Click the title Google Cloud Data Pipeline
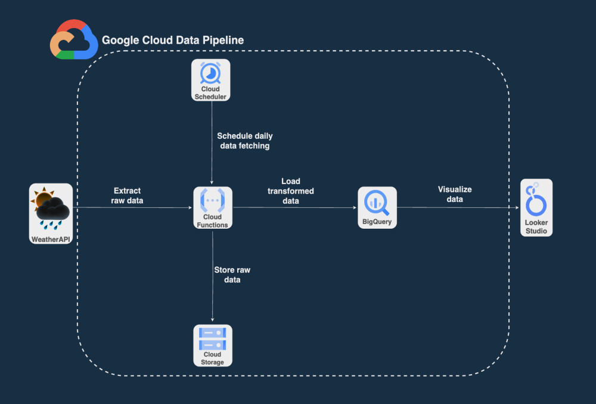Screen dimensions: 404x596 click(x=173, y=41)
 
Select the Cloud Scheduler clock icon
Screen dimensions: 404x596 click(x=210, y=73)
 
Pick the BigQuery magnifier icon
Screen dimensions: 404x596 click(x=377, y=203)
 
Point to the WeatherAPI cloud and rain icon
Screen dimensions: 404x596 click(x=51, y=209)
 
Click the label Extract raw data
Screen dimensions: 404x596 click(x=128, y=195)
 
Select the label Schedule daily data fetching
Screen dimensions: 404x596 click(x=244, y=141)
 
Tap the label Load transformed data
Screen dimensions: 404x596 click(x=291, y=191)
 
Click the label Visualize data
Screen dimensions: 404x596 click(x=455, y=194)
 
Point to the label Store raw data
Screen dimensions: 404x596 click(x=232, y=275)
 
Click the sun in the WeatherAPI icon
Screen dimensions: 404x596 click(x=43, y=199)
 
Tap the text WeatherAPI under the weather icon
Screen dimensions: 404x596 click(x=51, y=240)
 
